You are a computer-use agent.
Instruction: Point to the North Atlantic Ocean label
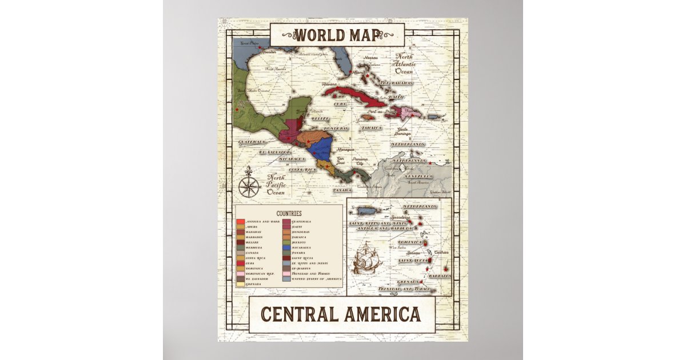click(x=405, y=64)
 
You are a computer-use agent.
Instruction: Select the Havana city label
click(x=330, y=85)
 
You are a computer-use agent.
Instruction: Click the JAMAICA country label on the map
click(x=372, y=128)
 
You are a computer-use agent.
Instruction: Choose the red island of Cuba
click(x=354, y=95)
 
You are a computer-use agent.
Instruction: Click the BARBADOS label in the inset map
click(x=439, y=276)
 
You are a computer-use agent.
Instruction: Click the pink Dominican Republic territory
click(x=411, y=114)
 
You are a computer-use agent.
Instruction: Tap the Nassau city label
click(x=371, y=58)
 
